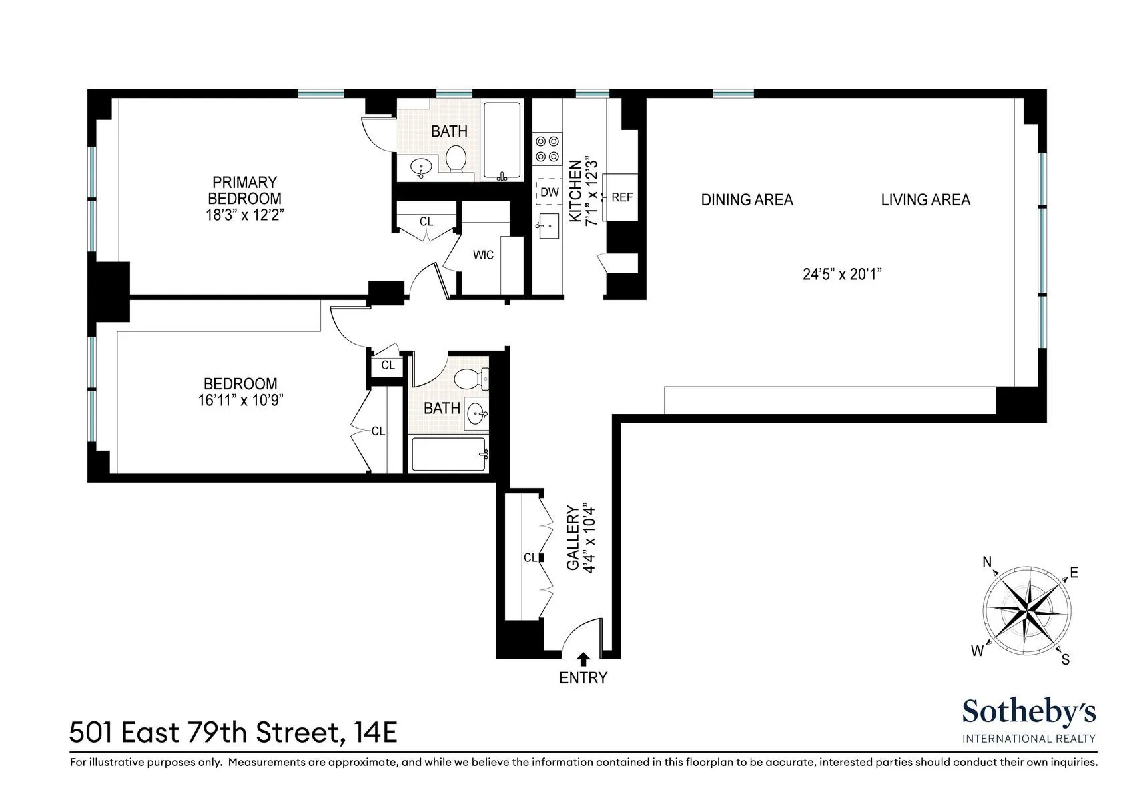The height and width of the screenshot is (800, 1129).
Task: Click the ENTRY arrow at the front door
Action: tap(583, 659)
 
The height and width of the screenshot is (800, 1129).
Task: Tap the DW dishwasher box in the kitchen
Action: tap(549, 192)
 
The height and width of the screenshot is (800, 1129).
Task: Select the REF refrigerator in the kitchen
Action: tap(621, 197)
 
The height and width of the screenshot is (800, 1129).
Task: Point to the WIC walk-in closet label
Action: tap(483, 255)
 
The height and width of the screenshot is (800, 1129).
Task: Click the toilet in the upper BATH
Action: tap(456, 159)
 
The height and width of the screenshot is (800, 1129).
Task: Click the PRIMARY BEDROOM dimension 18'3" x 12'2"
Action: tap(245, 215)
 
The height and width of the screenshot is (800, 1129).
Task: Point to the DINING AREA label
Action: tap(747, 199)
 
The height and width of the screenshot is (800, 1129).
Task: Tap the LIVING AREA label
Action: tap(925, 199)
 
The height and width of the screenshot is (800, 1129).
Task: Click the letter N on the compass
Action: tap(987, 563)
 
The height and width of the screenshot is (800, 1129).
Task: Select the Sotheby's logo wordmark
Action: tap(1028, 713)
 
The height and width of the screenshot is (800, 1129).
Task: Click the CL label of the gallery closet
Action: tap(530, 558)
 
